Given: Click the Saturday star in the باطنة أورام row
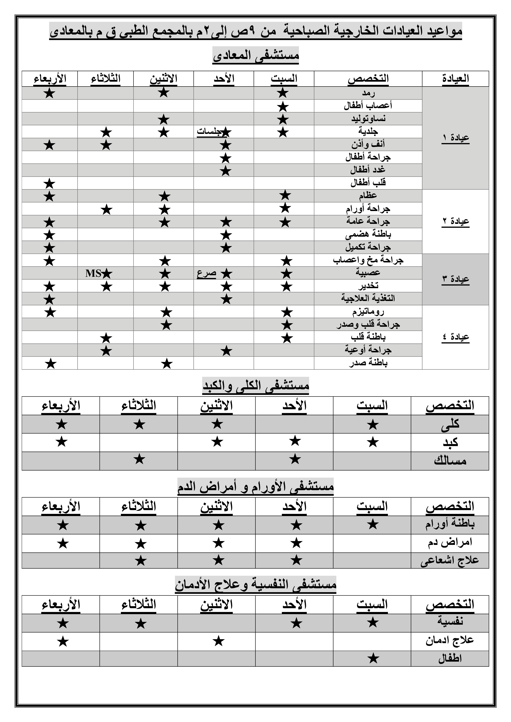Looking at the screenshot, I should click(373, 524).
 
